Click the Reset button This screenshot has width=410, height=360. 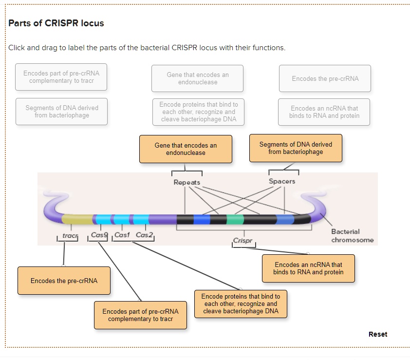pos(378,334)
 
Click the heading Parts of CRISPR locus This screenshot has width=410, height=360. pos(56,23)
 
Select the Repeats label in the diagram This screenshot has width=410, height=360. pos(186,182)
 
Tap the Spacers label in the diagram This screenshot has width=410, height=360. pos(282,181)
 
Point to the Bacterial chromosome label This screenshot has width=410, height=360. pos(352,236)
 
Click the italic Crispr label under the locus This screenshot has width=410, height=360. pos(242,241)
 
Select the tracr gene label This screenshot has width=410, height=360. pos(70,235)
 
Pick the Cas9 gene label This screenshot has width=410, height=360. pos(99,235)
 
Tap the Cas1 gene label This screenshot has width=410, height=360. pos(122,235)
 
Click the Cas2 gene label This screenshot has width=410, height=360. pos(144,235)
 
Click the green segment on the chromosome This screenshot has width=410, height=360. pos(235,219)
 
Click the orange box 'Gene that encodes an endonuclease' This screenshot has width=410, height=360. pos(186,149)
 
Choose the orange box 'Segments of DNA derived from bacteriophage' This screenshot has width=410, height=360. pos(296,148)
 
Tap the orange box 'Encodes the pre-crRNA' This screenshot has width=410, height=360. pos(64,281)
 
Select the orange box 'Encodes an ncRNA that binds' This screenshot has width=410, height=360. pos(308,268)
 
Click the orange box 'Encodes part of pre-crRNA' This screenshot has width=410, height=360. pos(140,315)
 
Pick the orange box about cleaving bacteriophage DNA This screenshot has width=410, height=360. pos(241,303)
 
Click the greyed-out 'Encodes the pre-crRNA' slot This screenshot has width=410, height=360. pos(325,78)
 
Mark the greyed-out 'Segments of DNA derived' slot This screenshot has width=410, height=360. pos(61,112)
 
